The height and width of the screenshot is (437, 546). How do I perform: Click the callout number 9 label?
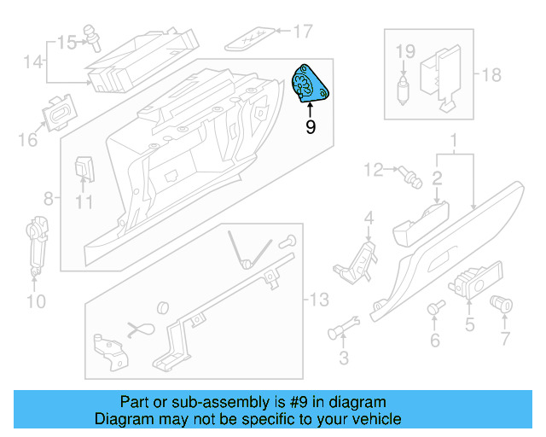(x=311, y=127)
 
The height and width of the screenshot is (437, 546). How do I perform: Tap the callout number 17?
(x=303, y=32)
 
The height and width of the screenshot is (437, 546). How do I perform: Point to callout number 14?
(x=32, y=61)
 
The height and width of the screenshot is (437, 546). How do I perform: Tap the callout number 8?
(x=49, y=198)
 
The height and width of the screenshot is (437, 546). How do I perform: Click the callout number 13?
(x=317, y=300)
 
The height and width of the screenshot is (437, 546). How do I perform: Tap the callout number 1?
(x=455, y=139)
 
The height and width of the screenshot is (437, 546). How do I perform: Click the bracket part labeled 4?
(x=359, y=258)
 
